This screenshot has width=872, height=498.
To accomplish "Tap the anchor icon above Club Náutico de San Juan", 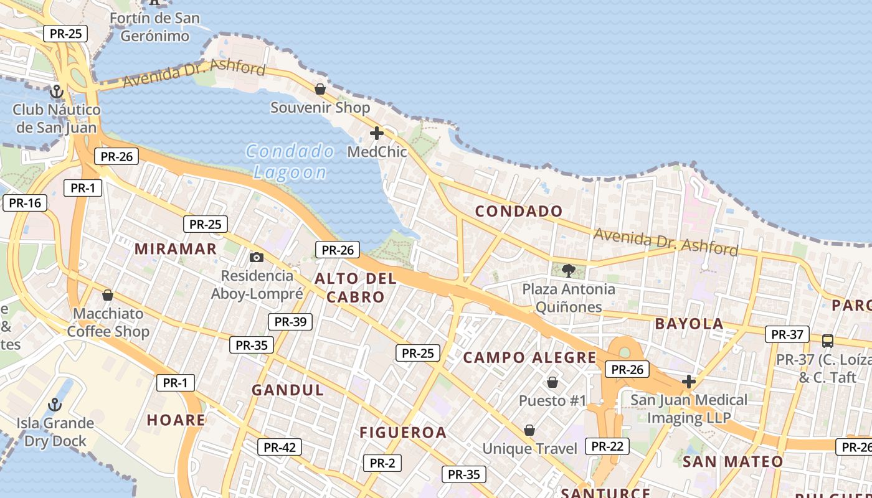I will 57,92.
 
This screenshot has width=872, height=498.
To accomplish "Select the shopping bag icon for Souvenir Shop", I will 320,89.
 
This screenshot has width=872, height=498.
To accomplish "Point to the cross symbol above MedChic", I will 377,133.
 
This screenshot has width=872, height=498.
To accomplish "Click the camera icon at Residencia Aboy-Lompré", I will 256,257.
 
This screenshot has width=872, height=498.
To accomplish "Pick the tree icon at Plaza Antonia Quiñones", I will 568,270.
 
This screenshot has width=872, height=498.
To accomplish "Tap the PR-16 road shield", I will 25,202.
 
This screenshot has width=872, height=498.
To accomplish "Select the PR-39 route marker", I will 290,321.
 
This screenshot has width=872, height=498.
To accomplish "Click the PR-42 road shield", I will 280,447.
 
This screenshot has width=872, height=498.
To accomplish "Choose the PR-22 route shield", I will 607,446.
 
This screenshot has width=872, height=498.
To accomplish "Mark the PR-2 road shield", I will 382,463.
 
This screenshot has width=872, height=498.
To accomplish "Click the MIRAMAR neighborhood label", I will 176,249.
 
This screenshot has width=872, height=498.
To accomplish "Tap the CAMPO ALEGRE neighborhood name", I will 529,357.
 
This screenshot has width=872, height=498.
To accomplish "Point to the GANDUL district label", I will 288,390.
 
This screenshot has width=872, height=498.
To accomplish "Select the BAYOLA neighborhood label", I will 690,324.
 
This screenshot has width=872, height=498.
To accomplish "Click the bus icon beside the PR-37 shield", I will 827,341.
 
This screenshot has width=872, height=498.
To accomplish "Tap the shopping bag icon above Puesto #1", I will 552,382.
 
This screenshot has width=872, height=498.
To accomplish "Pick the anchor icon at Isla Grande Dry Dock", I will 55,405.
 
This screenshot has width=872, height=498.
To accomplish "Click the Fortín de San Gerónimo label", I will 154,27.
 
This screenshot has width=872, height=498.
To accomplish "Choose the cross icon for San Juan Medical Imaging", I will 689,381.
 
